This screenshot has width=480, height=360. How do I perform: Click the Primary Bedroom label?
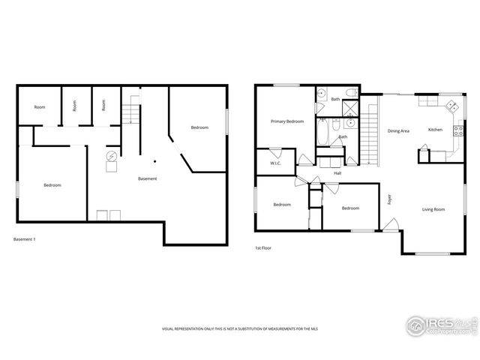point(287,121)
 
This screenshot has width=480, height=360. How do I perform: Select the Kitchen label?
point(435,130)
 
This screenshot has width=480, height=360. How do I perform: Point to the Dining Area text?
point(398,131)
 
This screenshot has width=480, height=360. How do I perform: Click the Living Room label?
point(433,209)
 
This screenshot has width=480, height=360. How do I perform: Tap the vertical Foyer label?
point(389,199)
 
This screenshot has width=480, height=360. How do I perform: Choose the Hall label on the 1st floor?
point(337,172)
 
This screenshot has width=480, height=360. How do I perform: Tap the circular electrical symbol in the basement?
point(112,156)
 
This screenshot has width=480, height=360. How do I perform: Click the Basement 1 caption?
point(25,239)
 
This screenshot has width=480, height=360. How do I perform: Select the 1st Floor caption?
point(262,247)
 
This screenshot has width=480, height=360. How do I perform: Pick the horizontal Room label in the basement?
point(39,107)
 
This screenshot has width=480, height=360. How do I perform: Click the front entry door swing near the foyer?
point(390,223)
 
